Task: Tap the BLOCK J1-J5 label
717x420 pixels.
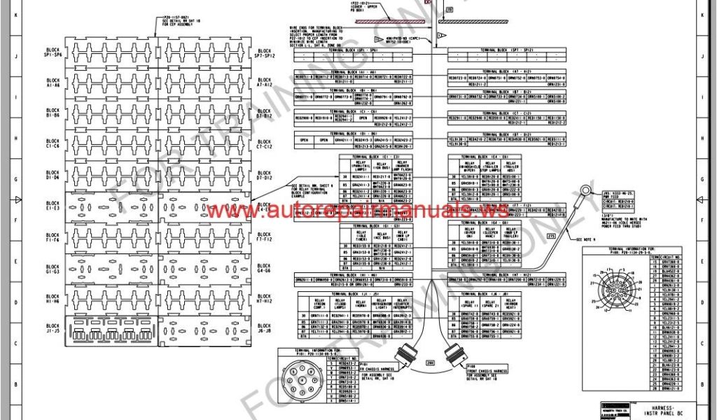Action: pos(53,328)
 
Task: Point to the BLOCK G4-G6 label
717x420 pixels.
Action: pos(265,268)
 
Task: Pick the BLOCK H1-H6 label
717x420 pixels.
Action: pos(53,298)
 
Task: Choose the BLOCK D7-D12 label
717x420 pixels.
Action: pos(265,176)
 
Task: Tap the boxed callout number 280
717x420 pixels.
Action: pos(430,363)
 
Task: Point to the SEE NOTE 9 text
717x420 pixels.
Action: pos(590,239)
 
